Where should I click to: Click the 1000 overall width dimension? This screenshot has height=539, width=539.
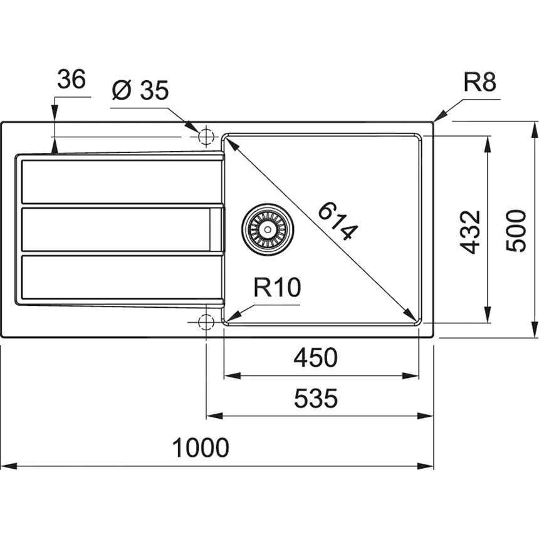(x=201, y=448)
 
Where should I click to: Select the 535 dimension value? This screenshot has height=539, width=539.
(x=317, y=398)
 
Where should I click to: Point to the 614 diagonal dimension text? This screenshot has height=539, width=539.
(x=338, y=221)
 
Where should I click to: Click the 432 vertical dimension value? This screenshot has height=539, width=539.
(x=471, y=231)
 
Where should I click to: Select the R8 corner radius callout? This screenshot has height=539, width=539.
(x=479, y=82)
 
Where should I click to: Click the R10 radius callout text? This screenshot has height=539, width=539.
(x=277, y=288)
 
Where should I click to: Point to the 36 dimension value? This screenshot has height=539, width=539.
(x=71, y=80)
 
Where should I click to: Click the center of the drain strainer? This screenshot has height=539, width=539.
(x=268, y=229)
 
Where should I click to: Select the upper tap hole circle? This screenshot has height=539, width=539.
(x=206, y=137)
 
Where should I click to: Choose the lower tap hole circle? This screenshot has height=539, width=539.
(x=206, y=322)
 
